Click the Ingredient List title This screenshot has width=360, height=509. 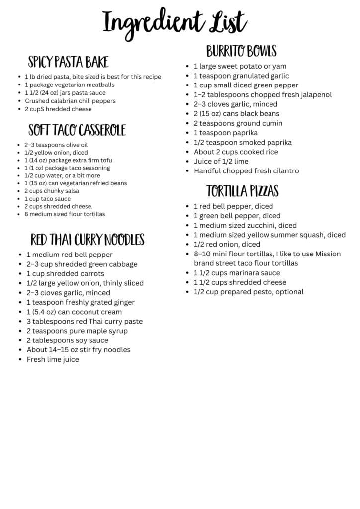click(175, 22)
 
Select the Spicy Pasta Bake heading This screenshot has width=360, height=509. click(68, 62)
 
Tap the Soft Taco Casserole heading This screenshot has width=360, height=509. click(77, 130)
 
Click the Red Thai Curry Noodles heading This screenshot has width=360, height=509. click(88, 240)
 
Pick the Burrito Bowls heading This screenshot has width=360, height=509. click(241, 51)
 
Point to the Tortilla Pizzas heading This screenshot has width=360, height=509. click(243, 191)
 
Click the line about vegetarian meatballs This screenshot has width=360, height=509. click(69, 85)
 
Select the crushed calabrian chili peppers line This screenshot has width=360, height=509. click(70, 101)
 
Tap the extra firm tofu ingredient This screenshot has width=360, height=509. click(68, 160)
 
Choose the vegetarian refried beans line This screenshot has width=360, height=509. click(75, 183)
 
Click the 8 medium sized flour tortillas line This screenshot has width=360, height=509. click(65, 214)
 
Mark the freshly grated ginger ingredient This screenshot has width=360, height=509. click(81, 302)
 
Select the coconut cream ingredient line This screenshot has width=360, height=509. click(74, 312)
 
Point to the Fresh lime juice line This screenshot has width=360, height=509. click(53, 359)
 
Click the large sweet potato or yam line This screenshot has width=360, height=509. click(240, 66)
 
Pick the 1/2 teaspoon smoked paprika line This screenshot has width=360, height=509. click(243, 142)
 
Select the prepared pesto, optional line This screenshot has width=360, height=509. click(248, 292)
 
